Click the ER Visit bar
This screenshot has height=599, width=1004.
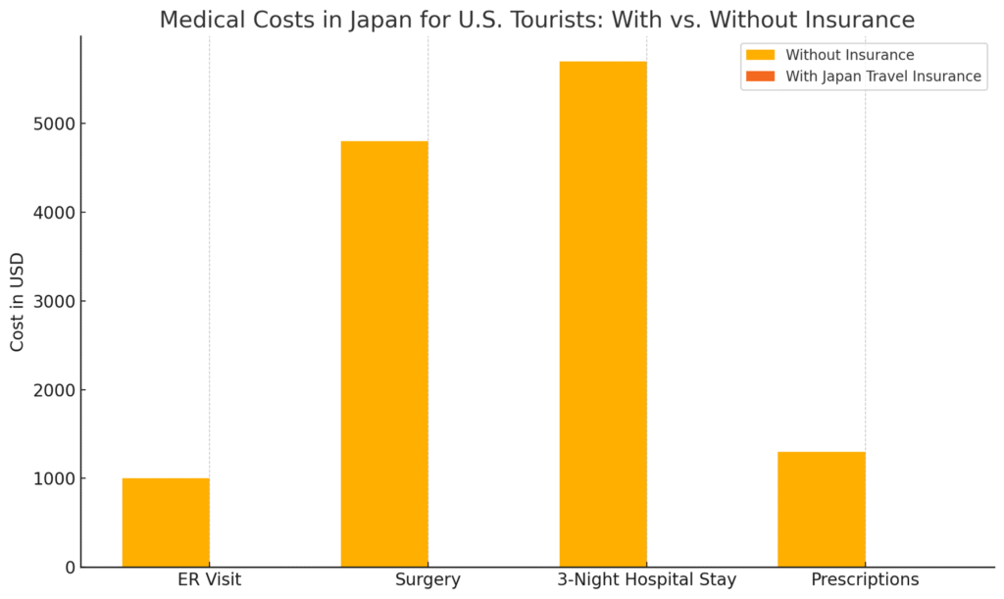(166, 523)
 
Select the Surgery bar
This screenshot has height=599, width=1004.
(384, 354)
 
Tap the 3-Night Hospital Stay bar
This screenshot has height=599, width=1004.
(603, 314)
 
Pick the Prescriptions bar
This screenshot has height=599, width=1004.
(822, 509)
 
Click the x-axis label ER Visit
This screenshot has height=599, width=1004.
(209, 579)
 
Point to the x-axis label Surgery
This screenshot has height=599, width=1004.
(427, 579)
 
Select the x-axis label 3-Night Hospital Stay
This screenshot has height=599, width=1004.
(646, 579)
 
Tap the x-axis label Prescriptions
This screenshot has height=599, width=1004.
(865, 579)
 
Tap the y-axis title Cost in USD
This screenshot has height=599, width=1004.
(18, 302)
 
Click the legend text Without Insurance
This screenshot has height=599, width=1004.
(849, 55)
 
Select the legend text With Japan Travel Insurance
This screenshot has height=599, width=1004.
(882, 75)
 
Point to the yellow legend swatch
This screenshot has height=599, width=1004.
(760, 55)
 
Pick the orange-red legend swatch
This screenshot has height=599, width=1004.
(760, 75)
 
